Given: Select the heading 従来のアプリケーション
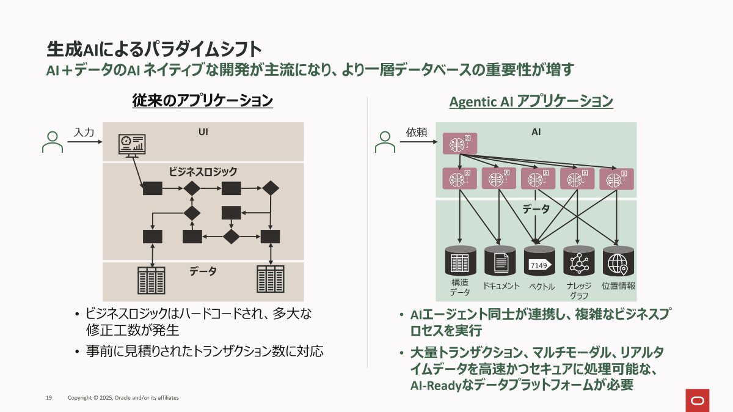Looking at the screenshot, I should click(202, 101).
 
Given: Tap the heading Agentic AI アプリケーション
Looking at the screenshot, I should click(531, 101).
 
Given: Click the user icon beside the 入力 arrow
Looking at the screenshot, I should click(53, 142).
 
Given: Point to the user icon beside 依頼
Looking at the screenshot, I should click(385, 142).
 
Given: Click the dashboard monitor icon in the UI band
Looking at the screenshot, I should click(132, 145).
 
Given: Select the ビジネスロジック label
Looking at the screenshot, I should click(203, 172).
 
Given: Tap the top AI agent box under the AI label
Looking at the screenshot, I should click(459, 144).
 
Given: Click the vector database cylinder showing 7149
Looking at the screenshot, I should click(539, 262).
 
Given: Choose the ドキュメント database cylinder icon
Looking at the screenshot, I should click(500, 262).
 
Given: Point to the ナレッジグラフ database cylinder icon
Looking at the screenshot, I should click(578, 262).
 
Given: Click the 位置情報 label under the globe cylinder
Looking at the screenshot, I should click(618, 285).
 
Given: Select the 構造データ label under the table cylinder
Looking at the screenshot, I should click(460, 287).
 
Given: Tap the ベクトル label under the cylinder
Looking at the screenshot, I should click(539, 286).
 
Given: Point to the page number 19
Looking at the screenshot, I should click(49, 398).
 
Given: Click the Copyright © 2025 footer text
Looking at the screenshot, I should click(123, 398).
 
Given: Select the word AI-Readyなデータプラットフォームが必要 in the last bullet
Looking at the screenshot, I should click(522, 385).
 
